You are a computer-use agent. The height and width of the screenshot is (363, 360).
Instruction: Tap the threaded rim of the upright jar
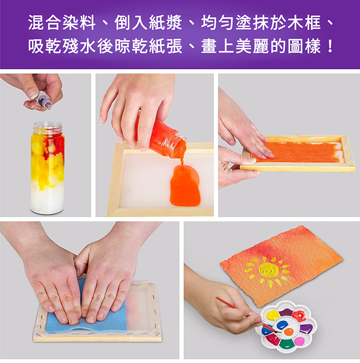click(x=48, y=127)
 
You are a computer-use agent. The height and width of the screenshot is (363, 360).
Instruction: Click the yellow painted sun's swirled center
click(x=269, y=269)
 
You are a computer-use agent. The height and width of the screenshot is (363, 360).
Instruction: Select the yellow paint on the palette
click(x=273, y=315)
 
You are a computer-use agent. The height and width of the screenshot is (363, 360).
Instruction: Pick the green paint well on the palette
click(x=286, y=343)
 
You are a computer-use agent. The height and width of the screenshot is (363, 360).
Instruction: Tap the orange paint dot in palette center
click(x=289, y=332)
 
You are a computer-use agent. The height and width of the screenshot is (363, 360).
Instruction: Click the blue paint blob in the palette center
click(x=282, y=325)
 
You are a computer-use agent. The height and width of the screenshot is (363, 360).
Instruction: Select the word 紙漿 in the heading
click(x=166, y=23)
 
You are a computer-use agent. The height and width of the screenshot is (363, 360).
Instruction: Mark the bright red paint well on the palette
click(x=299, y=316)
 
